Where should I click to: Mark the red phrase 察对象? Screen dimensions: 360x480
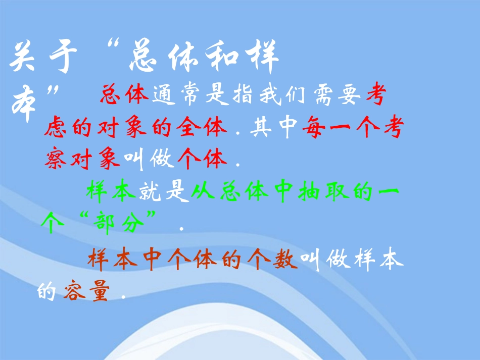[x=82, y=161]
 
